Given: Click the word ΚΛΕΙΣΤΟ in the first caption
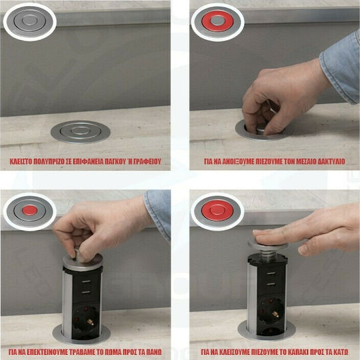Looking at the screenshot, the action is (21, 161).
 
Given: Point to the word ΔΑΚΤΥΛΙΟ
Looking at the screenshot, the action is (331, 161).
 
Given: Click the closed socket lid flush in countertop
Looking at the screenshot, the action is (81, 132).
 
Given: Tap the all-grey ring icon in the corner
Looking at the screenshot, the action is (29, 21).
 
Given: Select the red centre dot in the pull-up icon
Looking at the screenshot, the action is (30, 210).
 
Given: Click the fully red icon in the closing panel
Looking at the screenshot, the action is (217, 210).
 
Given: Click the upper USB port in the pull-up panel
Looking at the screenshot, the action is (86, 281).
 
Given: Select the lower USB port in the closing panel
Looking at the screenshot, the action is (271, 284).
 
